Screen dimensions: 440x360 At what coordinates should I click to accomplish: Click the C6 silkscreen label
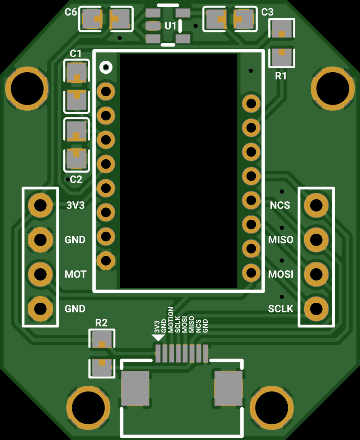point(70,12)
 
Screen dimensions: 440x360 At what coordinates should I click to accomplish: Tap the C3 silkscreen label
point(267,12)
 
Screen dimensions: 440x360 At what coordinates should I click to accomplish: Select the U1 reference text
point(170,26)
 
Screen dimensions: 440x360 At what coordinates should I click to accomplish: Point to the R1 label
point(281,76)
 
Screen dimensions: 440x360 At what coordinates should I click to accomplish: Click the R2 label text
point(101,323)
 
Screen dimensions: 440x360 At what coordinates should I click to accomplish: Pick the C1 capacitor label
point(75,54)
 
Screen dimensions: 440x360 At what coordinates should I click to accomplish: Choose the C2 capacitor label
point(76,179)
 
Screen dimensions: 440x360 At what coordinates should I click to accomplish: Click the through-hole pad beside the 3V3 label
point(40,206)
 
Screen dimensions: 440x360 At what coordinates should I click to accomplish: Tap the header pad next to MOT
point(40,275)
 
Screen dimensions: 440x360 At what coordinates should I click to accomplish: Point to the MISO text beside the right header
point(281,240)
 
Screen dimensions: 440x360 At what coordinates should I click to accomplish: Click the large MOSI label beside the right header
point(281,274)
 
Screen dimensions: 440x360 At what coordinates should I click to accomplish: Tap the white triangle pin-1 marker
point(158,338)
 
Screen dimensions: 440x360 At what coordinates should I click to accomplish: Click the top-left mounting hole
point(27,88)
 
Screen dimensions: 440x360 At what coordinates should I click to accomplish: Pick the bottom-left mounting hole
point(88,407)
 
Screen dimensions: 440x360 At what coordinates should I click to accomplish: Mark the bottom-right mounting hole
point(272,407)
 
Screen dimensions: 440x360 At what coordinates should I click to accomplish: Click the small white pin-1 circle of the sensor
point(106,67)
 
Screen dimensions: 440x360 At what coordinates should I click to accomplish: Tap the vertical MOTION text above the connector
point(171,319)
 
